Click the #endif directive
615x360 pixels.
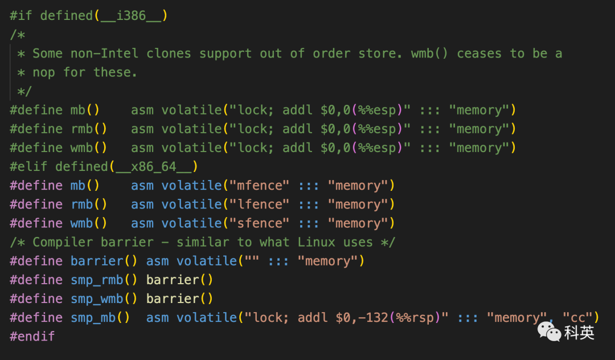[x=32, y=336]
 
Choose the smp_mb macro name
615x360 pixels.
[x=93, y=317]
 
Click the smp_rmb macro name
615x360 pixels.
[x=97, y=280]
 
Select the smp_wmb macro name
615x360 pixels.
[x=97, y=298]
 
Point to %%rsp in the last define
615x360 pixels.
[x=415, y=317]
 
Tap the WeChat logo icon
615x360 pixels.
[x=550, y=330]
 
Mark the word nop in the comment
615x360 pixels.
[x=44, y=72]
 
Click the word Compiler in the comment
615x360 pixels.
[x=63, y=242]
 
